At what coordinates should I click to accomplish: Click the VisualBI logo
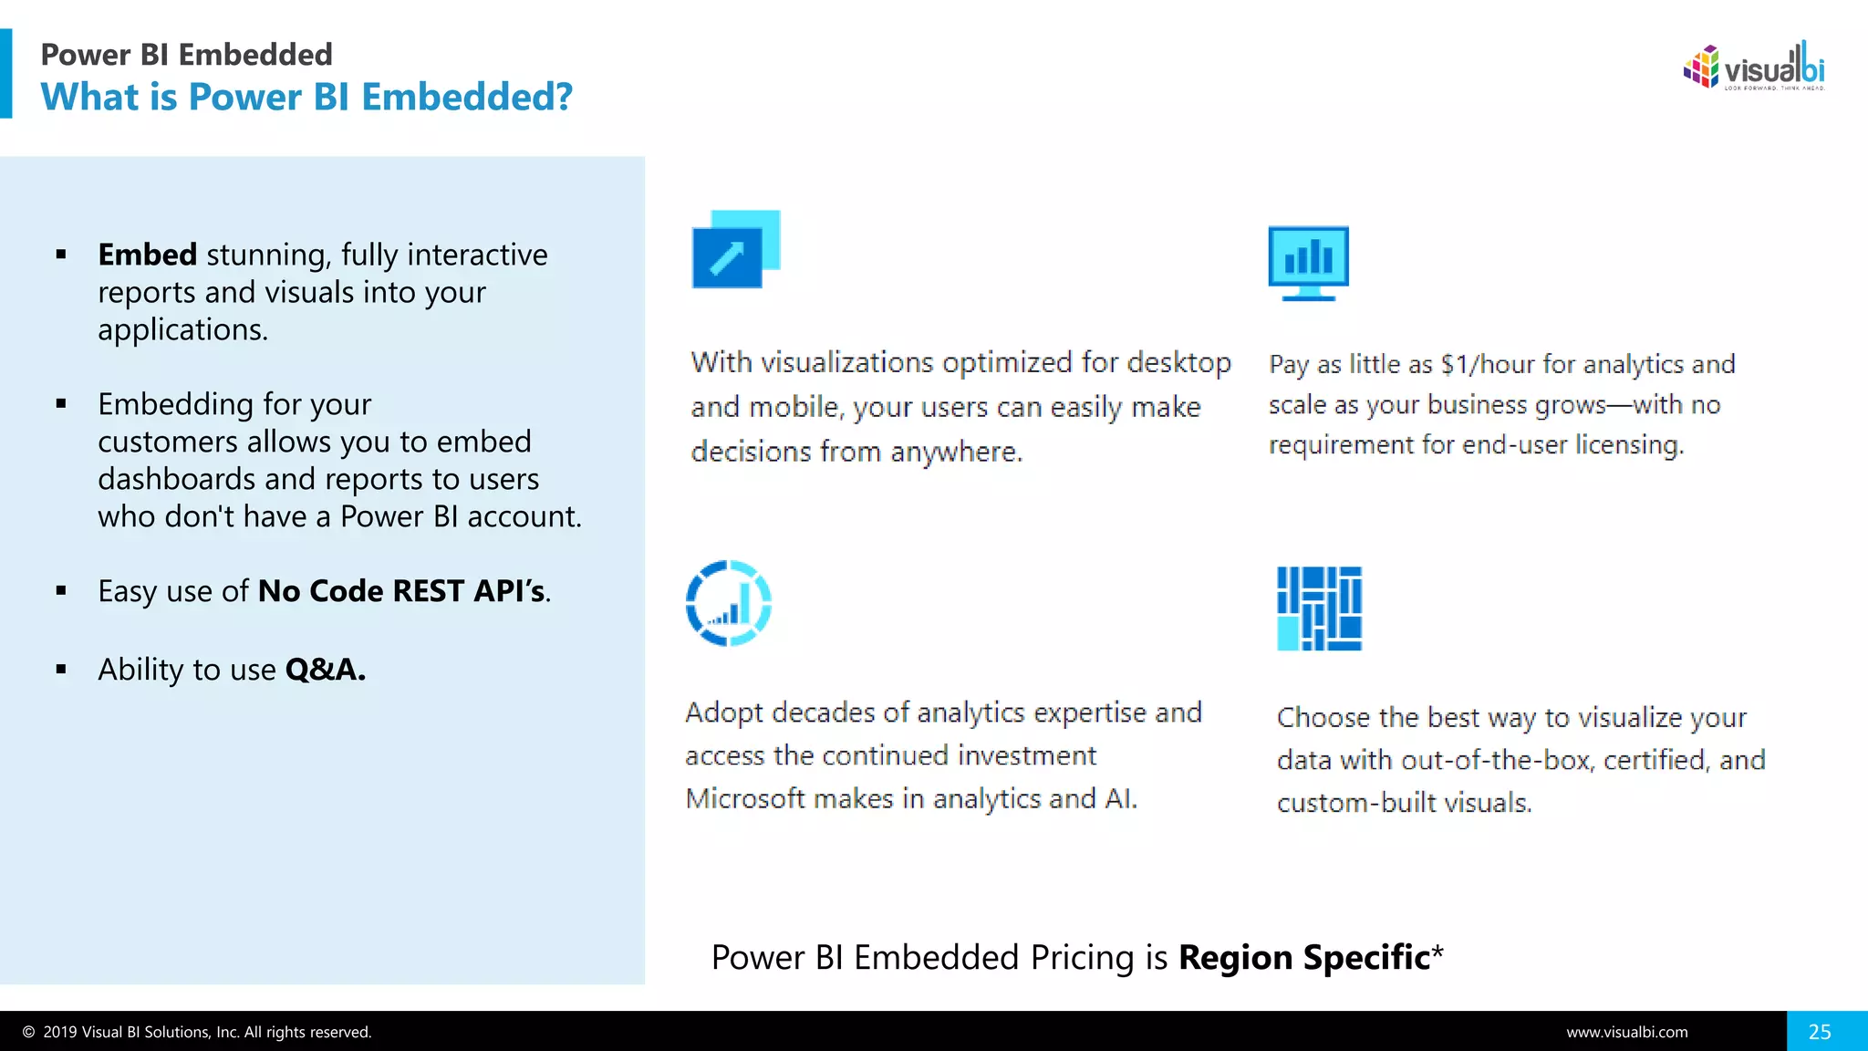pyautogui.click(x=1753, y=67)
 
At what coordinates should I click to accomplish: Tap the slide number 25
pyautogui.click(x=1820, y=1032)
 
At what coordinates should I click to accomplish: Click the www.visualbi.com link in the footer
pyautogui.click(x=1627, y=1032)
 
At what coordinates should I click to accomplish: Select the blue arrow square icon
pyautogui.click(x=735, y=249)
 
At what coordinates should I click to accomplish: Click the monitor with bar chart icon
pyautogui.click(x=1308, y=263)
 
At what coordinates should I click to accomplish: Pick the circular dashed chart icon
pyautogui.click(x=728, y=603)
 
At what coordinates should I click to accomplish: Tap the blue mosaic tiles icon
pyautogui.click(x=1319, y=608)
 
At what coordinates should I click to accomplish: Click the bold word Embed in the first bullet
pyautogui.click(x=147, y=255)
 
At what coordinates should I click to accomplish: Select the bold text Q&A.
pyautogui.click(x=325, y=670)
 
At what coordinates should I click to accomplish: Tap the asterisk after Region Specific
pyautogui.click(x=1437, y=952)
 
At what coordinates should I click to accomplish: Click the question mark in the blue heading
pyautogui.click(x=564, y=97)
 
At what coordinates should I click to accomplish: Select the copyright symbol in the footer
pyautogui.click(x=28, y=1032)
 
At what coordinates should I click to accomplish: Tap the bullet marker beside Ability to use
pyautogui.click(x=61, y=670)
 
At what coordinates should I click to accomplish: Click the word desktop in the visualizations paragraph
pyautogui.click(x=1178, y=363)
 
